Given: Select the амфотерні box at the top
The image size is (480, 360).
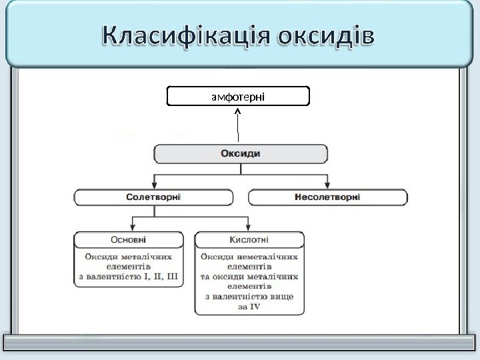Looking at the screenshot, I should point(238,97).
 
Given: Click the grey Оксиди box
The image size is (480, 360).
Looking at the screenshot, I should point(241,154).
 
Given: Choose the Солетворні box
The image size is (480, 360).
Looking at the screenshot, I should point(154,197).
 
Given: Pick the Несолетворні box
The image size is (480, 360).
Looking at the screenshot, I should point(327,197).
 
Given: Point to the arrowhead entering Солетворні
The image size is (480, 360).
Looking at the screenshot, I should point(154,185).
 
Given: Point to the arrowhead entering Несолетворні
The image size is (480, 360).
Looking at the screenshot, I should point(327,185).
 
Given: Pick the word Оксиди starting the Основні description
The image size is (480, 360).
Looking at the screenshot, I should point(100,255).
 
